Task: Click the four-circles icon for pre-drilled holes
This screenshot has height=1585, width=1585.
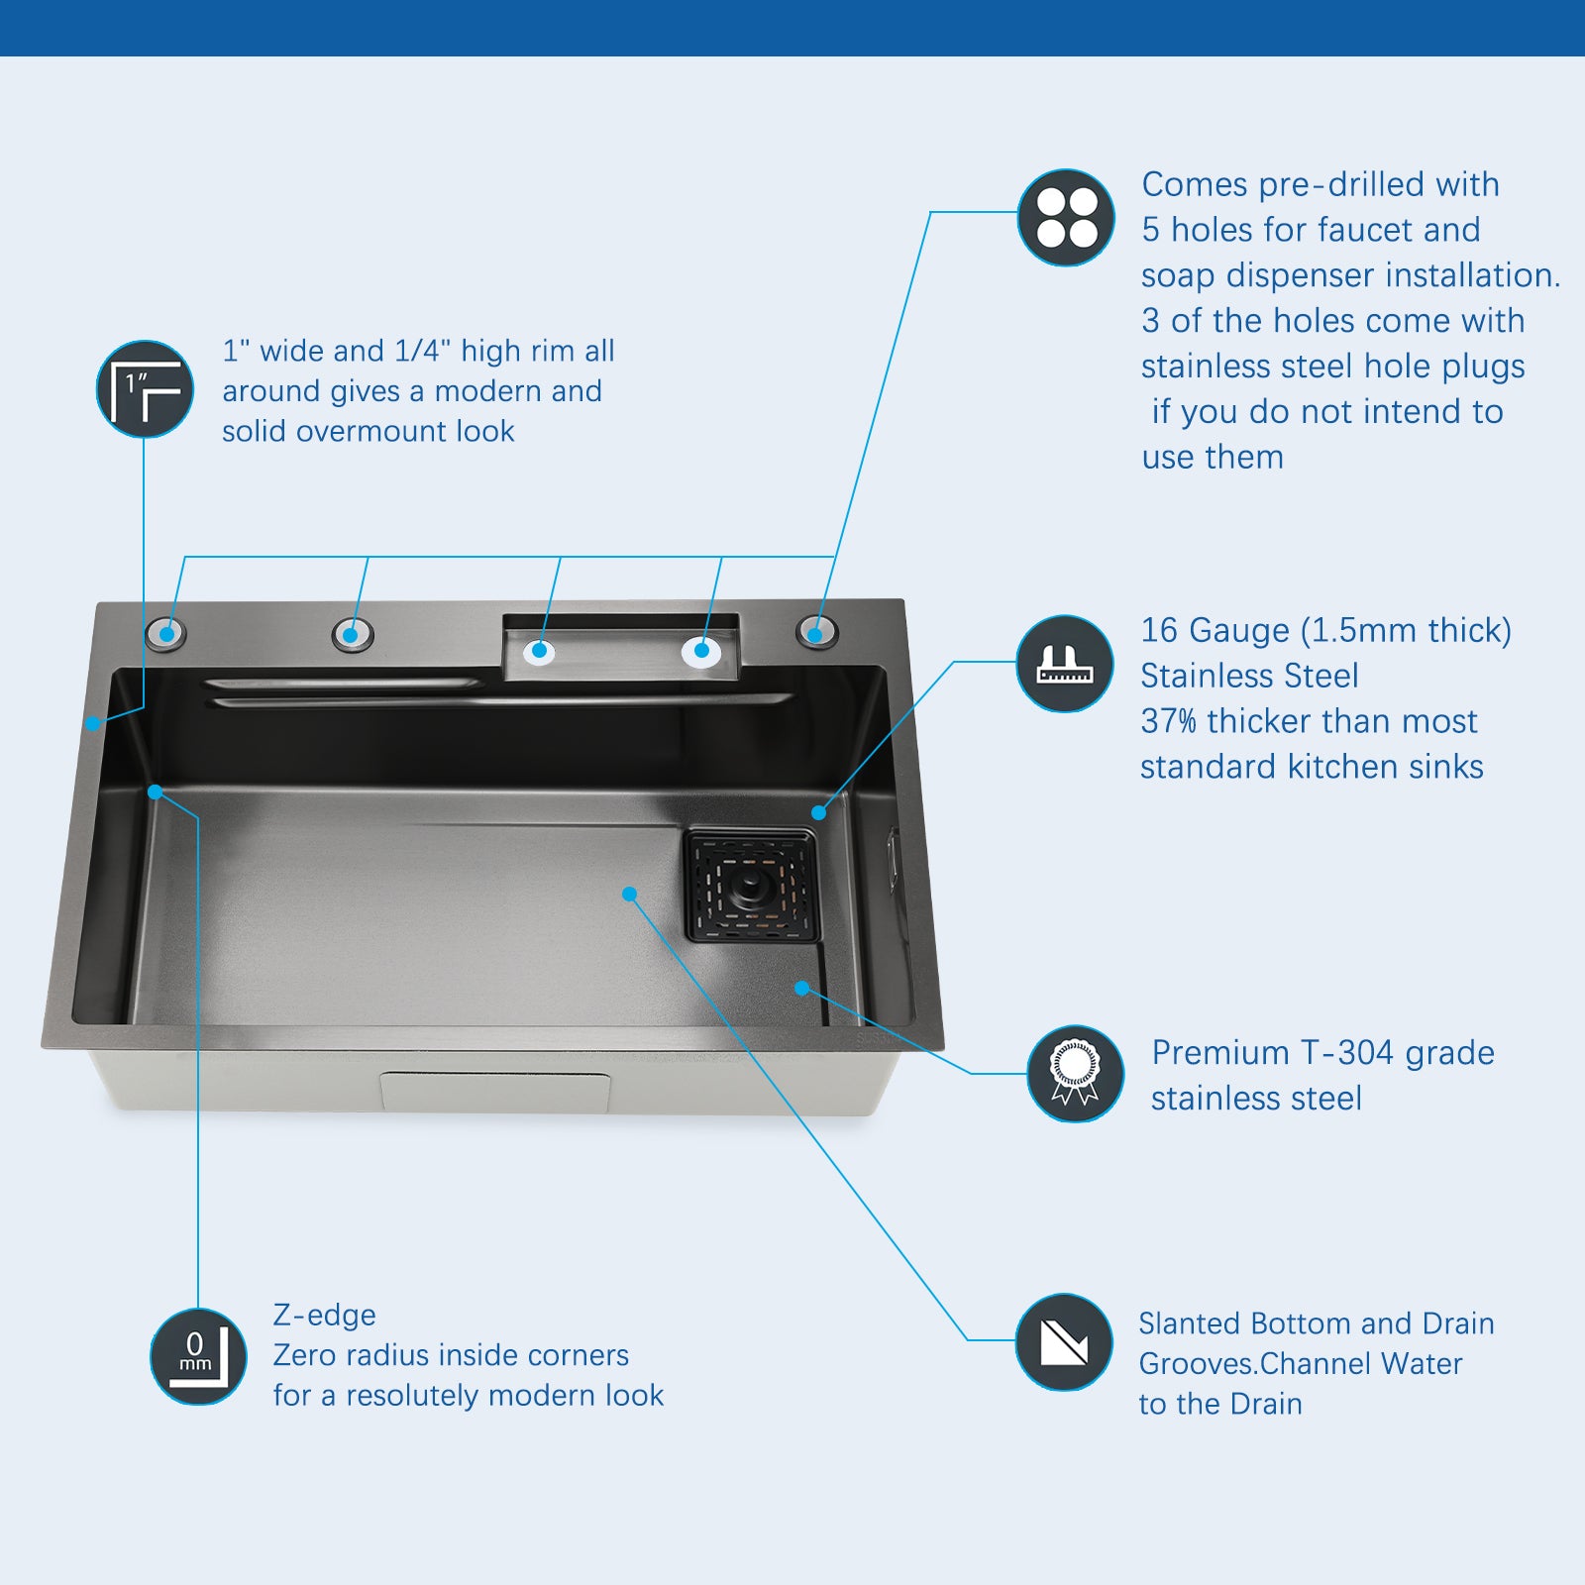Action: tap(1067, 218)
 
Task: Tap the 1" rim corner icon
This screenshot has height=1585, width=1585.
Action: tap(145, 389)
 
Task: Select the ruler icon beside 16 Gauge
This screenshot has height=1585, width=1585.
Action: tap(1065, 664)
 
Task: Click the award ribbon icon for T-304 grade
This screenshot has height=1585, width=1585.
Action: tap(1075, 1074)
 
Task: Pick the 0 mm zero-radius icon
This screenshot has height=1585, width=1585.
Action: tap(198, 1357)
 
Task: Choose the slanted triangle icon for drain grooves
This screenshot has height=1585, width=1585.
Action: tap(1064, 1342)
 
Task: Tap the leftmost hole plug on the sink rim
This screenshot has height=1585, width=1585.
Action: tap(165, 633)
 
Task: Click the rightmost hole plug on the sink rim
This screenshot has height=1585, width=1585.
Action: tap(817, 631)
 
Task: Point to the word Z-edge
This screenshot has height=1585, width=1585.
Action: tap(324, 1315)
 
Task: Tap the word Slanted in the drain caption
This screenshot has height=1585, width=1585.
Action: tap(1190, 1323)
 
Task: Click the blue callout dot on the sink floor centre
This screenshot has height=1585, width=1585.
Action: tap(629, 894)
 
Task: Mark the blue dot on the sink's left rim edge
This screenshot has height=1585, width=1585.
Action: tap(93, 723)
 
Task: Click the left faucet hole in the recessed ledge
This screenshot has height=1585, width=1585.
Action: tap(540, 651)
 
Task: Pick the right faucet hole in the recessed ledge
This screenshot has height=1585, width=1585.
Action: tap(701, 651)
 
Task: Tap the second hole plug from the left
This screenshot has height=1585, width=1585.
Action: tap(352, 633)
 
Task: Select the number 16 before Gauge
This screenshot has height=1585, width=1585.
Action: tap(1159, 630)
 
